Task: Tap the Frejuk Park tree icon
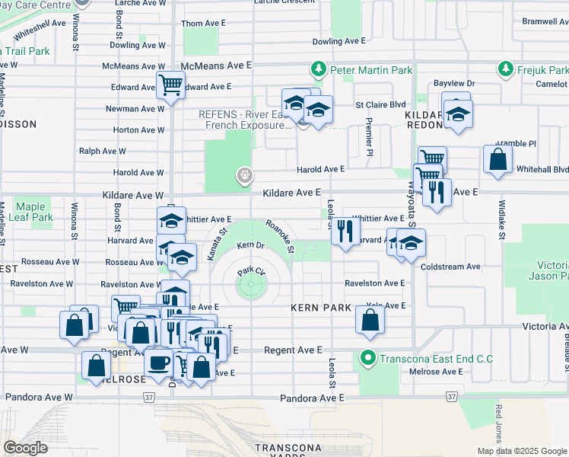pos(504,70)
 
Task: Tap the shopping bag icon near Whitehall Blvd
pos(497,160)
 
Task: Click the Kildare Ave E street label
pos(292,193)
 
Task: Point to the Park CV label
pos(250,271)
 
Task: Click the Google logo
pos(25,447)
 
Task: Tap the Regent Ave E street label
pos(293,350)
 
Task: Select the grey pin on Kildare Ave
pos(244,177)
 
